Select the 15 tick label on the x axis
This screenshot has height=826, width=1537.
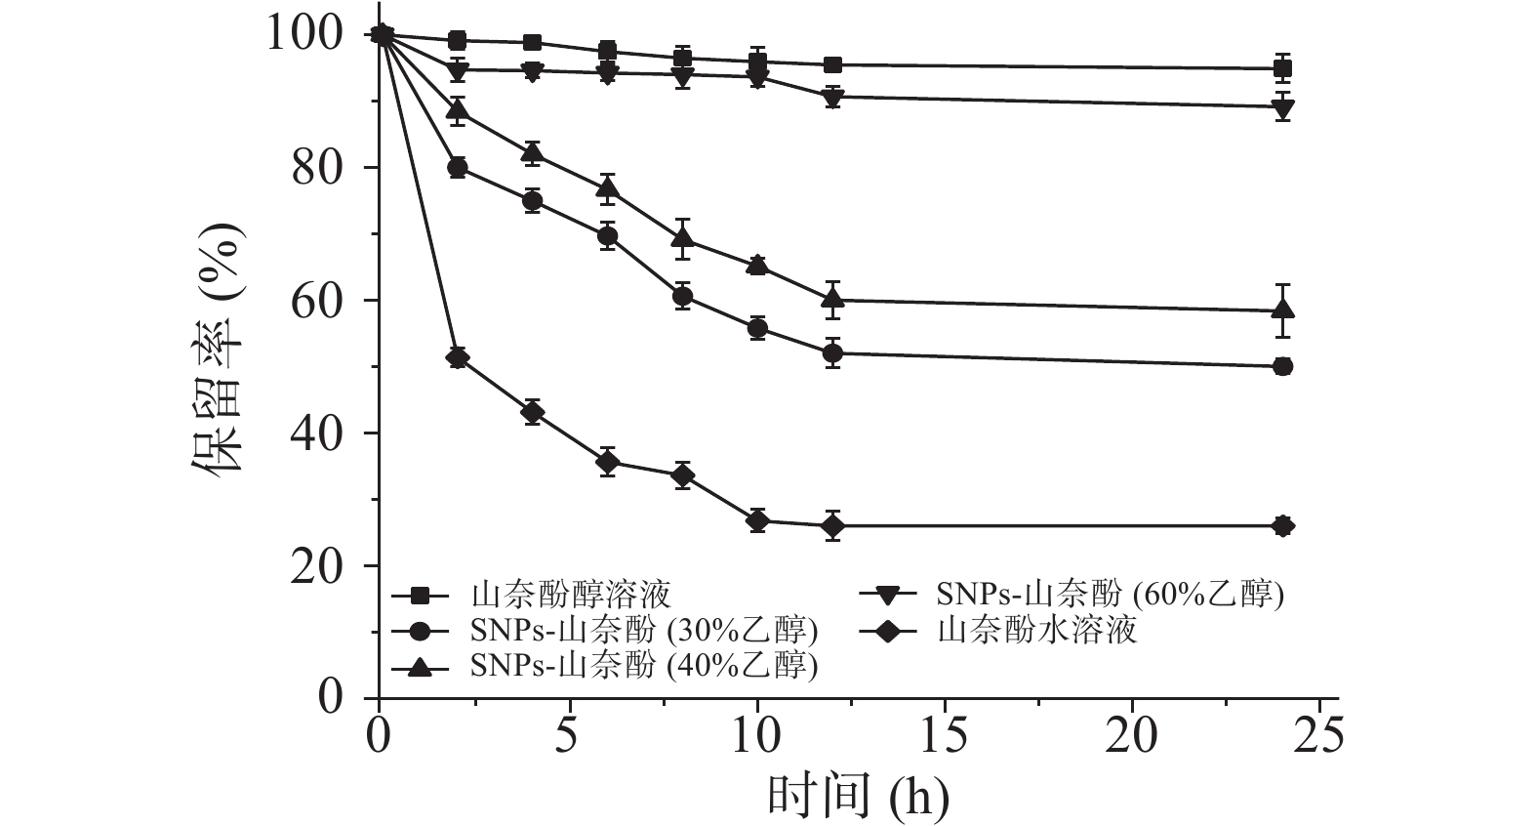(x=944, y=733)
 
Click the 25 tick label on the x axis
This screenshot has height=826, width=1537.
(x=1319, y=733)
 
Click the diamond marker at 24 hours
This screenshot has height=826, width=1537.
(x=1283, y=526)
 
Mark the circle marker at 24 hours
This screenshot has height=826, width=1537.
(x=1283, y=366)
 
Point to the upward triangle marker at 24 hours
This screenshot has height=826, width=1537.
(x=1283, y=310)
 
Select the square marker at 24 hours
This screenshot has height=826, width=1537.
(x=1283, y=68)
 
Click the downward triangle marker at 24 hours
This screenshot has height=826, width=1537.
(x=1283, y=107)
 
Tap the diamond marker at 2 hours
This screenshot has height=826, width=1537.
(x=457, y=358)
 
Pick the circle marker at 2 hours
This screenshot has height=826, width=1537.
(x=457, y=168)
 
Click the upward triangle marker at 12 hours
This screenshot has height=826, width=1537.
(x=832, y=299)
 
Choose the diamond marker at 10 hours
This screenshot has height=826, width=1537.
(x=757, y=521)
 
